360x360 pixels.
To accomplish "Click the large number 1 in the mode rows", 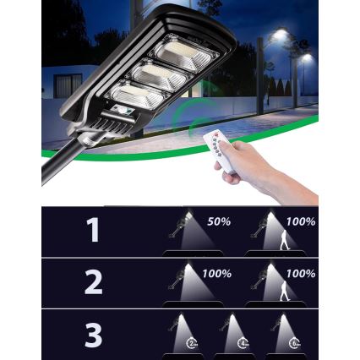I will (x=93, y=230).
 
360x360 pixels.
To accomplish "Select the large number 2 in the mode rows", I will (x=93, y=283).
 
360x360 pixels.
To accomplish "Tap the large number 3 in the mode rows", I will (x=93, y=335).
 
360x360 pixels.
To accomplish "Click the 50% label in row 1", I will (x=219, y=221).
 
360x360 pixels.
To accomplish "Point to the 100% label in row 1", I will (x=301, y=221).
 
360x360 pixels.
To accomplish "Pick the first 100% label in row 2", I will (x=217, y=274).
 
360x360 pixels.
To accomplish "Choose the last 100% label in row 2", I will (x=301, y=274).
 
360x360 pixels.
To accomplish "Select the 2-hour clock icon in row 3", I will (x=193, y=343).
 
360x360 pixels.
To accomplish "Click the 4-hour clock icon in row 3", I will (x=243, y=343).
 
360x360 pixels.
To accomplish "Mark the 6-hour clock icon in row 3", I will (x=293, y=343).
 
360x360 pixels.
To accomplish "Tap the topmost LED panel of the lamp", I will (x=183, y=55).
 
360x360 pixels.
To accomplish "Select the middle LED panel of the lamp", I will (x=158, y=76).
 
